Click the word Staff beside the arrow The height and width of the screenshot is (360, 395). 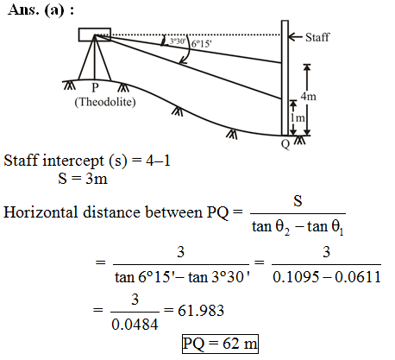click(x=317, y=37)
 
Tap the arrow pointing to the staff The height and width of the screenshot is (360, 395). click(x=295, y=37)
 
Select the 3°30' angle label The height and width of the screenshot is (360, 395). click(x=177, y=41)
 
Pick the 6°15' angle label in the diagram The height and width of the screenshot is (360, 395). click(x=201, y=44)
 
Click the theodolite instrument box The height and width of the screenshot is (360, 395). click(x=95, y=35)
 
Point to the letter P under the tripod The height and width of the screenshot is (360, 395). click(x=95, y=87)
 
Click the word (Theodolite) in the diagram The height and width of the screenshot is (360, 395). click(x=105, y=102)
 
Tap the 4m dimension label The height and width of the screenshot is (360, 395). click(x=309, y=96)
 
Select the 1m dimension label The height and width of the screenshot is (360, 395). click(x=298, y=117)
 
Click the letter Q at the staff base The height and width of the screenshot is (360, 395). click(x=285, y=143)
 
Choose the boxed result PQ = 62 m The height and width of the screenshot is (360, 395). click(x=220, y=344)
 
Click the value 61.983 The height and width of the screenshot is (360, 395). click(x=201, y=311)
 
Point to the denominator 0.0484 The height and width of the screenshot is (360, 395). click(x=135, y=325)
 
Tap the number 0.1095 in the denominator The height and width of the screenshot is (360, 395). click(x=296, y=277)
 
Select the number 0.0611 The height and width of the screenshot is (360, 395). click(x=358, y=277)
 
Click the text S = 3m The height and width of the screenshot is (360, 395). click(x=83, y=179)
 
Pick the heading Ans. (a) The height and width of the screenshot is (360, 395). click(x=41, y=10)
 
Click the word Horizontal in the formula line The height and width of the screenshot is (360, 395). click(x=41, y=212)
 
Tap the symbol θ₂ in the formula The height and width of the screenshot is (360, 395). click(x=283, y=227)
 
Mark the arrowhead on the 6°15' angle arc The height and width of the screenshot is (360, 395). click(x=182, y=60)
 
